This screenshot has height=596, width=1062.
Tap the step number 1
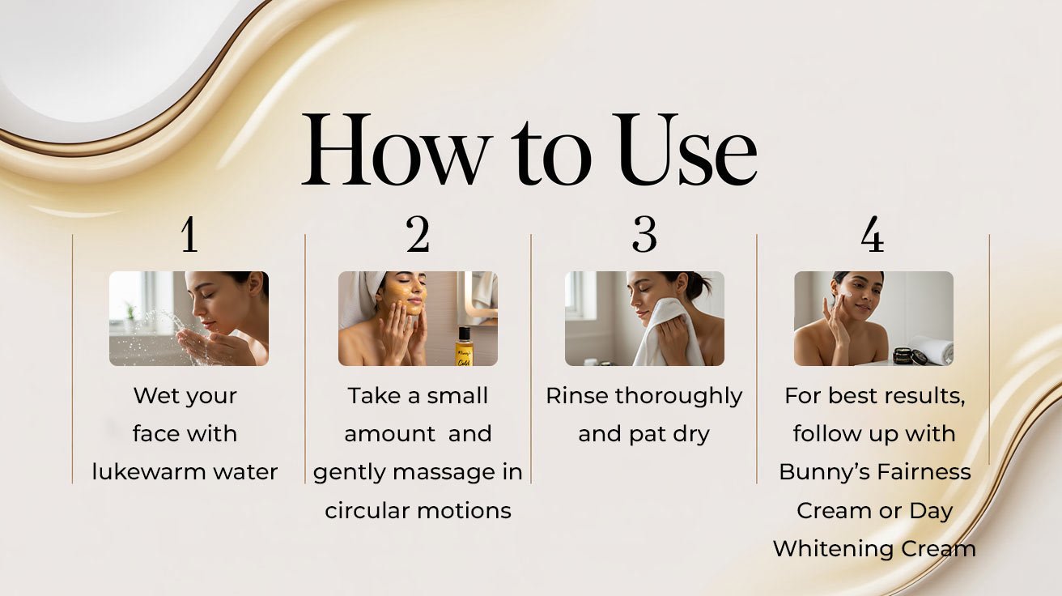189,236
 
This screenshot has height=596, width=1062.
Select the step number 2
418,236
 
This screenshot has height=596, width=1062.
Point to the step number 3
644,236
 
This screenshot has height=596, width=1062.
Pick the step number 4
872,236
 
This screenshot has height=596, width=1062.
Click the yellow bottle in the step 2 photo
464,346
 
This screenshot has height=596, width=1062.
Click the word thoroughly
678,396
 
